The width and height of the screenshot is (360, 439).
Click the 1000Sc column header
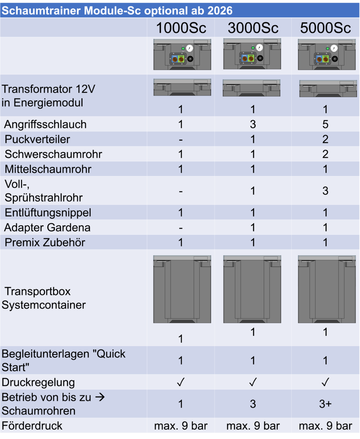(x=181, y=28)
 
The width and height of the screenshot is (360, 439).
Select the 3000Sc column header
(x=253, y=28)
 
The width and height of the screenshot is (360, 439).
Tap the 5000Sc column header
(x=325, y=28)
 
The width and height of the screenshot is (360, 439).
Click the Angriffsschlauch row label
(x=46, y=124)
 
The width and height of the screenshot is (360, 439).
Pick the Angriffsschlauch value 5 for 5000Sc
(x=325, y=124)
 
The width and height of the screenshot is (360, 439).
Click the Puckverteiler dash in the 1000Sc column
(x=181, y=139)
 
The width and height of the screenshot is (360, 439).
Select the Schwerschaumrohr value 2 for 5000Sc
(x=325, y=154)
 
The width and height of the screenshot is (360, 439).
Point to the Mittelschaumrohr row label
(x=48, y=169)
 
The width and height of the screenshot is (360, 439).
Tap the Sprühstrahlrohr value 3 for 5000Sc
(x=325, y=191)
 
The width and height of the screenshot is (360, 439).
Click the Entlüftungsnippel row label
(x=48, y=213)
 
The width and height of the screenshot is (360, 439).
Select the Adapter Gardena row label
(x=48, y=228)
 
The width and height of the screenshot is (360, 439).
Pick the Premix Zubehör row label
(x=45, y=243)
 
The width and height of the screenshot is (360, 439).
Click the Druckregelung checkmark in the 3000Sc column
(x=253, y=382)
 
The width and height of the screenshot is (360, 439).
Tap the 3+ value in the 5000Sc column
(x=325, y=404)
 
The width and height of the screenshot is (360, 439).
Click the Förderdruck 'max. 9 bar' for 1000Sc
(x=181, y=426)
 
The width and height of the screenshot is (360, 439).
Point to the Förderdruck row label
(x=33, y=426)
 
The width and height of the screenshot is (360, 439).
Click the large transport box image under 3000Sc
(x=252, y=289)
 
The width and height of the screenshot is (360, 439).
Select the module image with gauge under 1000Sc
(x=182, y=54)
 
